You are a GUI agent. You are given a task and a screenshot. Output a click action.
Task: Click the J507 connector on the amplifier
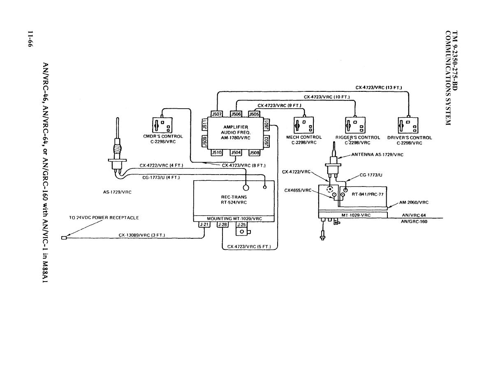pos(216,114)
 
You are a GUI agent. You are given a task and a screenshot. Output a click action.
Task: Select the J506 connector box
pos(236,114)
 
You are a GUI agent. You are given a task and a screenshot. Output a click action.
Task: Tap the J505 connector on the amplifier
pos(254,114)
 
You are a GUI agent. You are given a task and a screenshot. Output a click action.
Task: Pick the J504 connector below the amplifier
pos(236,153)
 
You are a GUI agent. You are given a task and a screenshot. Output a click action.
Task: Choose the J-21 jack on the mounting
pos(204,224)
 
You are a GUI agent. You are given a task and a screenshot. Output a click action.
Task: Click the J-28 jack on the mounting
pos(222,224)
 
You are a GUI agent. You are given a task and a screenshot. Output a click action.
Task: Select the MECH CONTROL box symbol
pos(304,124)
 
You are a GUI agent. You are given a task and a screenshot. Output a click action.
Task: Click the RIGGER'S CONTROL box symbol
pos(355,124)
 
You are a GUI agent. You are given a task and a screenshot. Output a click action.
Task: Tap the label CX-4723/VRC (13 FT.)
pos(378,88)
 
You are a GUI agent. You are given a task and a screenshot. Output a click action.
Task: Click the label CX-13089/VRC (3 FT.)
pos(142,235)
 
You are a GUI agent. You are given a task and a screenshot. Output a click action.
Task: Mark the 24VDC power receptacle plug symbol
pos(64,238)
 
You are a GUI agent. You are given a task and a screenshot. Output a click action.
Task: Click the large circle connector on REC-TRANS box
pos(246,188)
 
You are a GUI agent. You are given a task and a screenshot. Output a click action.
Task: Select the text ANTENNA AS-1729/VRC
pos(377,155)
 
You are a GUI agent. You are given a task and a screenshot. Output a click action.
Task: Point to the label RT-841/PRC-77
pos(368,195)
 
